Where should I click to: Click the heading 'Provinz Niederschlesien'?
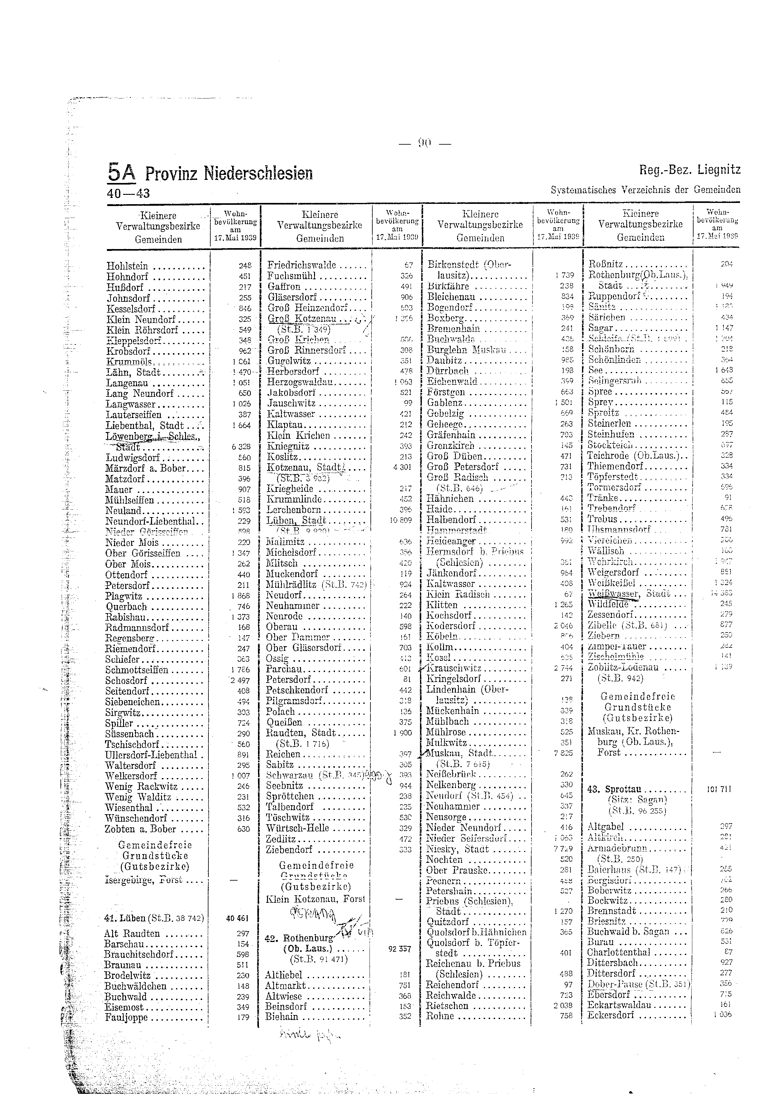pyautogui.click(x=229, y=173)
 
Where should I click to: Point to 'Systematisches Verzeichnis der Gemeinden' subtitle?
pyautogui.click(x=646, y=190)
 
